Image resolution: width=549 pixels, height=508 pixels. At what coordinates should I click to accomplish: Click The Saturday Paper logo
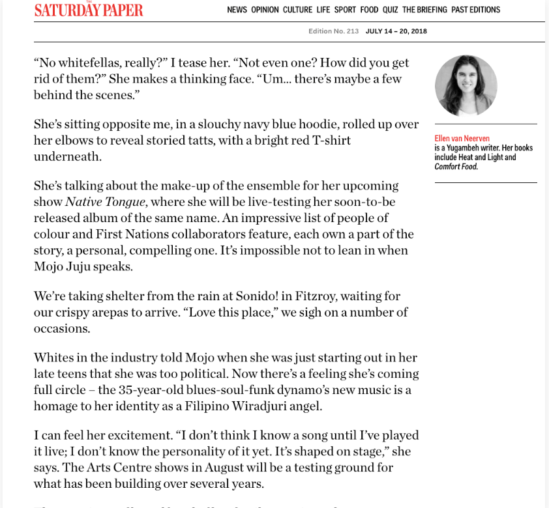coord(89,10)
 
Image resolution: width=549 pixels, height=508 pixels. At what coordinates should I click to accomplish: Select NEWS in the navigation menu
coord(237,10)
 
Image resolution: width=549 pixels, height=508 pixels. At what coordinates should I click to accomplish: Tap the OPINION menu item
coord(265,10)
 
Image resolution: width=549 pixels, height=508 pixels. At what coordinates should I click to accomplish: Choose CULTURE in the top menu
coord(297,10)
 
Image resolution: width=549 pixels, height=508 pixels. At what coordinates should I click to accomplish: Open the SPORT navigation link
coord(345,10)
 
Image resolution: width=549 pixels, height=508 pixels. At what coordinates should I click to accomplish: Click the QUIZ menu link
coord(390,10)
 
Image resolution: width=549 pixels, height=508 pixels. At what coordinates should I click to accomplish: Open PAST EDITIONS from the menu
coord(475,10)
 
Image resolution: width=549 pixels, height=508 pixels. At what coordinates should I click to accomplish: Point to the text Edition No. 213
coord(333,31)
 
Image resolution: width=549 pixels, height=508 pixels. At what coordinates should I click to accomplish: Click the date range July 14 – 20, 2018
coord(396,31)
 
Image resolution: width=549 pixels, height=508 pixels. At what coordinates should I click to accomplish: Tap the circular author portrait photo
coord(466,85)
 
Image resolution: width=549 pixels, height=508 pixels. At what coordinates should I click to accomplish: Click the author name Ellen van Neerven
coord(462,138)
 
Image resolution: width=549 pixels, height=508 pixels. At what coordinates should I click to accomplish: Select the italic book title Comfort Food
coord(456,167)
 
